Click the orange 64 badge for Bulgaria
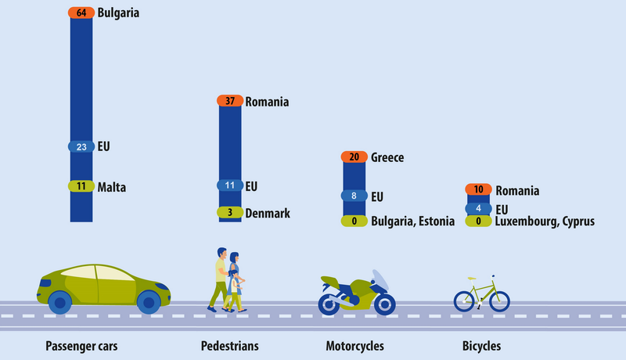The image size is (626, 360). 81,13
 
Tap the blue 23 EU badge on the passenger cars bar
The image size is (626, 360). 81,146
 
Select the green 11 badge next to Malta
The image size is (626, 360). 81,187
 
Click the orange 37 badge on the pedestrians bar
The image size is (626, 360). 230,102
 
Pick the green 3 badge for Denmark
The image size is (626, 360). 230,213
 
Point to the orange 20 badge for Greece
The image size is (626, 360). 354,157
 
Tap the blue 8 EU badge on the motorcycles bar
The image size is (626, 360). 354,196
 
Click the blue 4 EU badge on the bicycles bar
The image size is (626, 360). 478,209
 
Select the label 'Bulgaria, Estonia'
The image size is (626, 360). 412,221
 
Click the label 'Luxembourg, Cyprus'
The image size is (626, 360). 544,221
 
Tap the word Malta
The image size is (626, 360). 112,187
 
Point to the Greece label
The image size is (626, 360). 387,157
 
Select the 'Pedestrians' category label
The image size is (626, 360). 229,345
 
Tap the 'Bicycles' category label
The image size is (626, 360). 481,345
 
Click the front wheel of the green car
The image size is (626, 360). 148,301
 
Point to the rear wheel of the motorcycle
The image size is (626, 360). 384,303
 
